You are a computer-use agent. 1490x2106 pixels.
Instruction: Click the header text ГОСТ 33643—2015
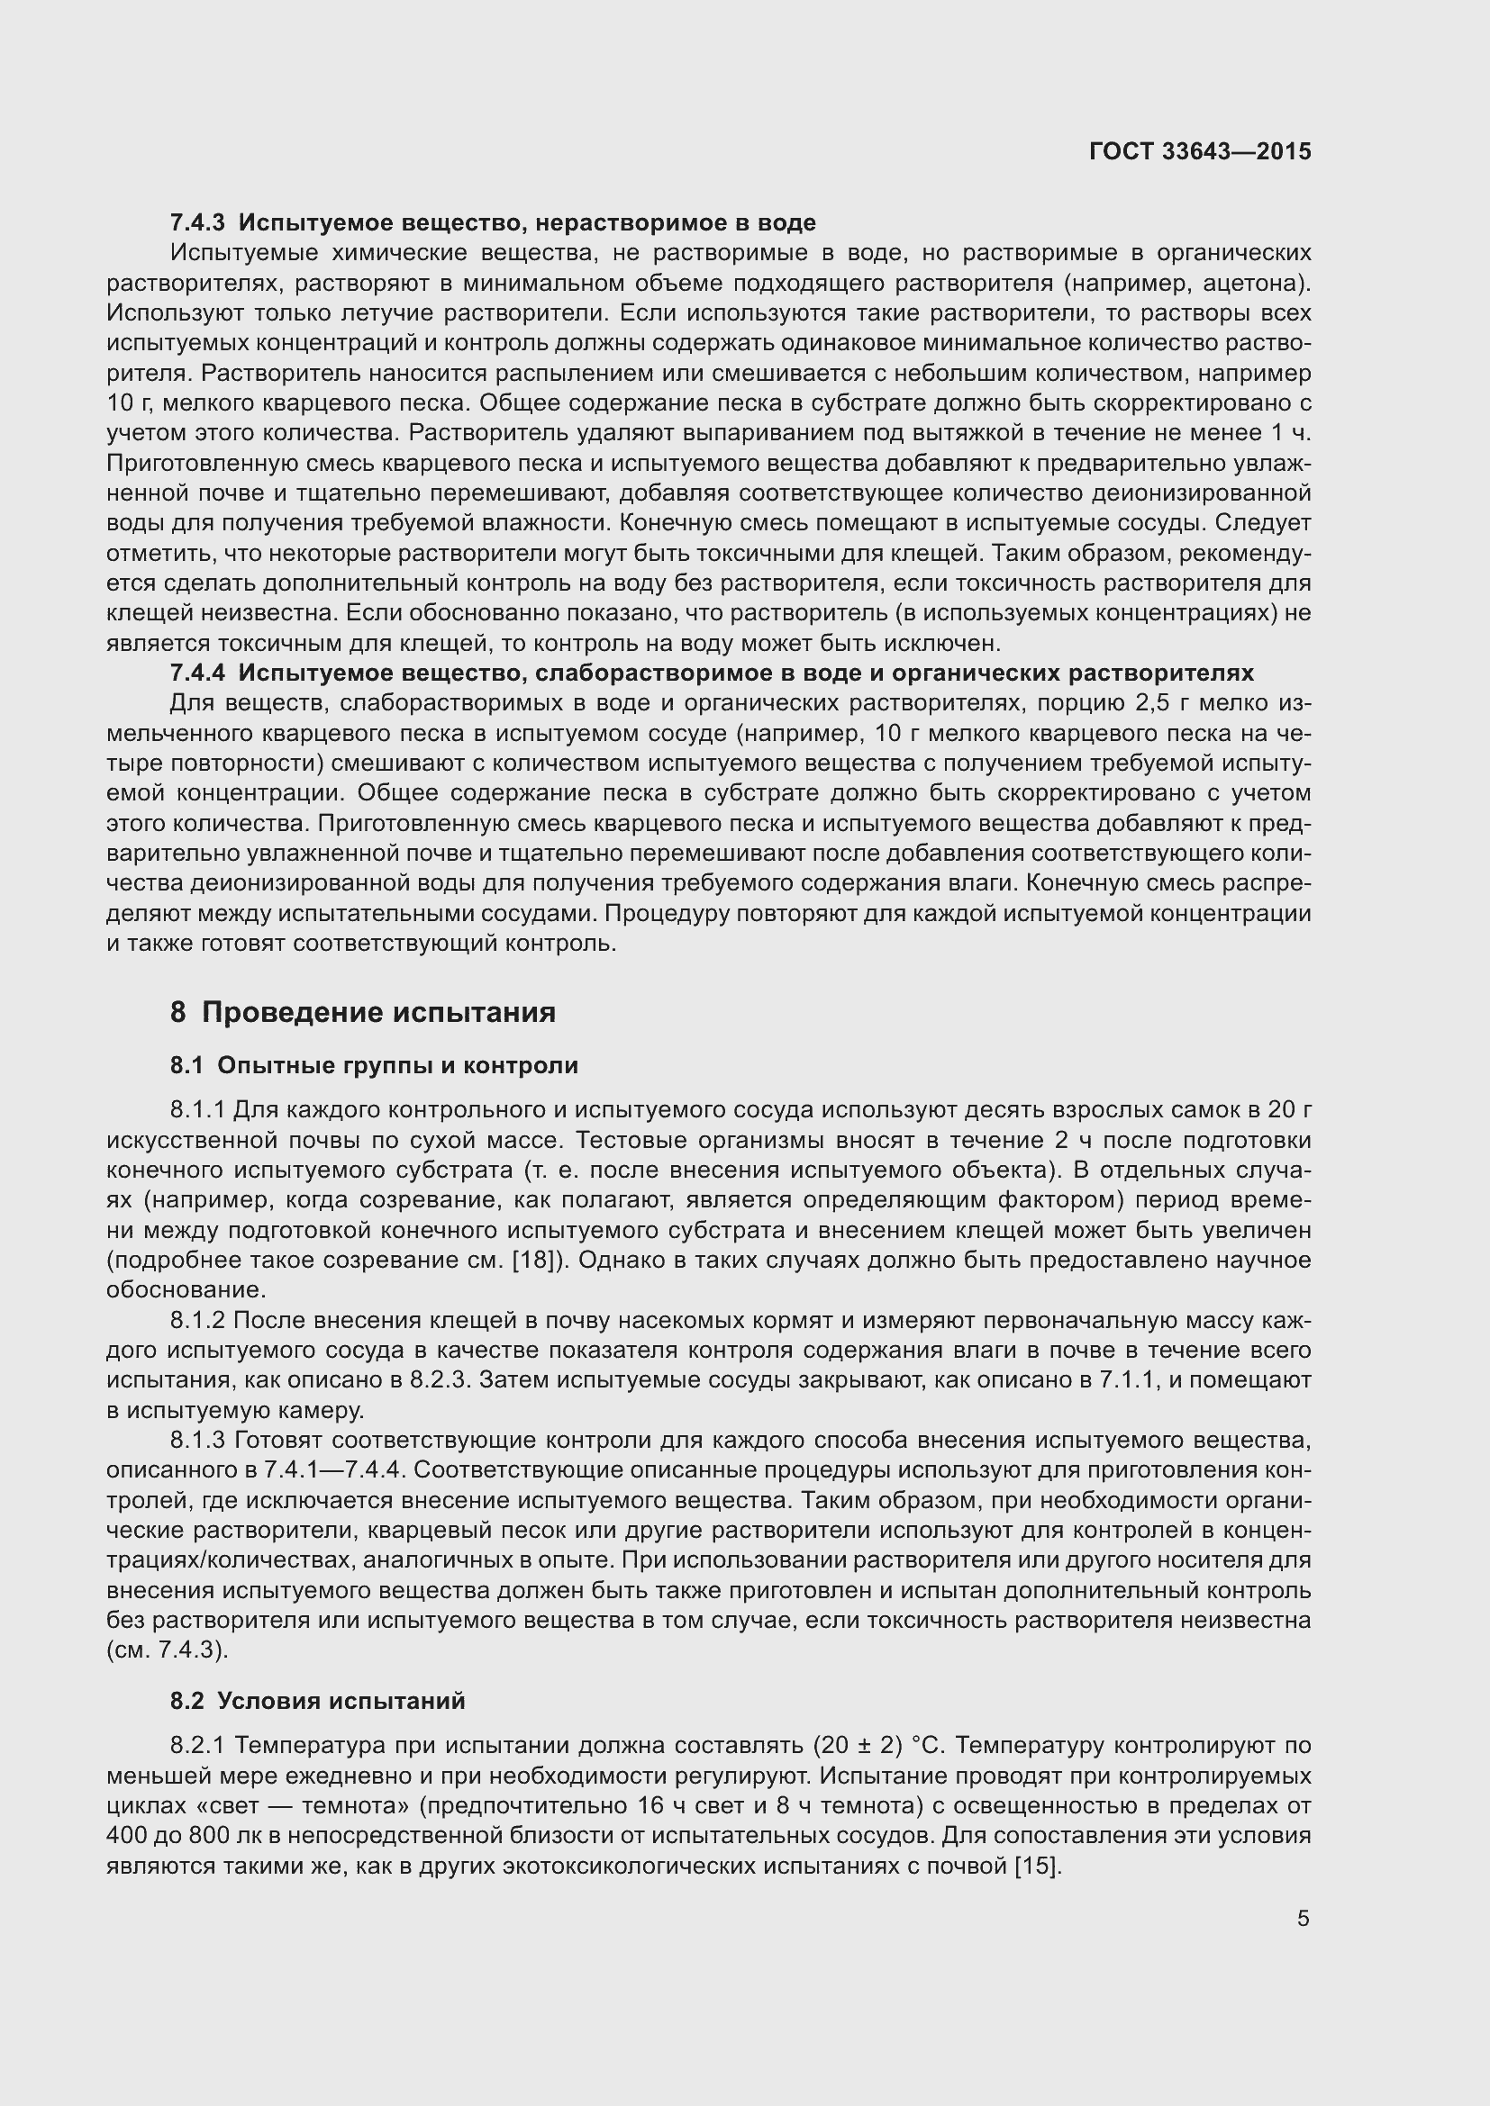point(1200,151)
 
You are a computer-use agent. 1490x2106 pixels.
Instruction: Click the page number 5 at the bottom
point(1303,1918)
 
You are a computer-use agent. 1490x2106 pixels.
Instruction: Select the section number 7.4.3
point(197,223)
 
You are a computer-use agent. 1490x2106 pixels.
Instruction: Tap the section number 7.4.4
point(197,673)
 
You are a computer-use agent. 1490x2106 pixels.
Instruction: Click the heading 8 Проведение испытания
point(362,1013)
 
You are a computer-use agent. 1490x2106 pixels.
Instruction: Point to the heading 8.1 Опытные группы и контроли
point(374,1066)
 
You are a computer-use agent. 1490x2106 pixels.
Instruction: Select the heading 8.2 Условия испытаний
point(317,1702)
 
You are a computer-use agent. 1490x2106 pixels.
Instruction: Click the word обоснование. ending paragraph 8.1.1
point(186,1290)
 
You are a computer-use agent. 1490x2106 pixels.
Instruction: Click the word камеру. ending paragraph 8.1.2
point(318,1411)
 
